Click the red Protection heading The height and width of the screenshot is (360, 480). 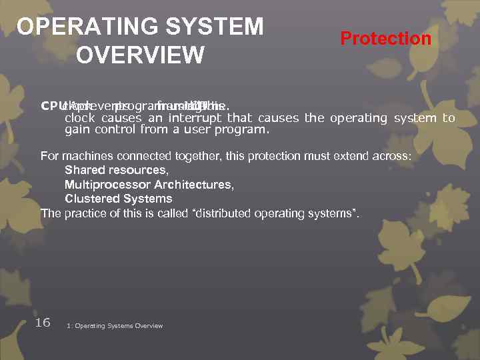click(385, 39)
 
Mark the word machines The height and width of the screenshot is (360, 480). click(83, 156)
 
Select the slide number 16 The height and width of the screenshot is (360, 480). click(42, 323)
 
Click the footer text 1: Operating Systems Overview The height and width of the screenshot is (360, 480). click(115, 326)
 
